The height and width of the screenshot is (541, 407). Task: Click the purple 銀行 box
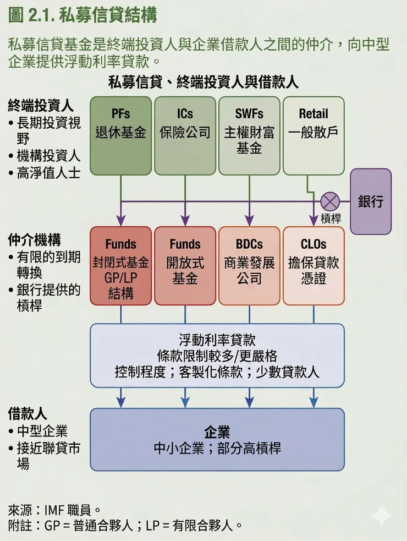coord(371,201)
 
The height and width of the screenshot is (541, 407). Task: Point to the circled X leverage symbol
coord(331,201)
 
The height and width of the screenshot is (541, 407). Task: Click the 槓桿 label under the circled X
coord(331,218)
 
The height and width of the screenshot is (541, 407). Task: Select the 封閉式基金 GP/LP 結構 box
coord(120,266)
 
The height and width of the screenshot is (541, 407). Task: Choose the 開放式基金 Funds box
coord(185,266)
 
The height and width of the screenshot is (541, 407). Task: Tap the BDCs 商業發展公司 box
coord(249,266)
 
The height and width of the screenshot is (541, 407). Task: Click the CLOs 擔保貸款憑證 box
coord(313,266)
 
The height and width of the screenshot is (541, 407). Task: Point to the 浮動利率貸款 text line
coord(217,340)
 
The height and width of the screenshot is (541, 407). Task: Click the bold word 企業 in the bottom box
coord(217,431)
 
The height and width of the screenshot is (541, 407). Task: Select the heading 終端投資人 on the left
coord(41,105)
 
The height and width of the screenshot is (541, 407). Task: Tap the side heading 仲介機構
coord(34,240)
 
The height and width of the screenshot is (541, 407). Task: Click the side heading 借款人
coord(27,413)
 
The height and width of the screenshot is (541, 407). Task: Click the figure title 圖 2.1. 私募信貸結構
coord(83,15)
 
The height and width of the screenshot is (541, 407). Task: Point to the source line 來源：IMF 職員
coord(55,510)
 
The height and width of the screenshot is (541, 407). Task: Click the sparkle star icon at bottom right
coord(381,516)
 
